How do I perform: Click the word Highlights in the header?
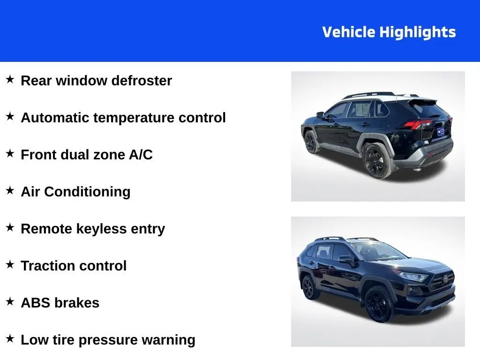(417, 32)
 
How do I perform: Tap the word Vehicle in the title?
(349, 32)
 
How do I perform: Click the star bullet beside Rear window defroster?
(10, 79)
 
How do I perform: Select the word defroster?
(142, 81)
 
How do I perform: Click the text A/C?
(141, 155)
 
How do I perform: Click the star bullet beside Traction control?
(10, 264)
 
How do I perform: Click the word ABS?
(36, 303)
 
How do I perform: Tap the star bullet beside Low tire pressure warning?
(10, 338)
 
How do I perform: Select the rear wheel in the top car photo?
(376, 161)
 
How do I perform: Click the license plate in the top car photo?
(440, 132)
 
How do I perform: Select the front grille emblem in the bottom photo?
(445, 279)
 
